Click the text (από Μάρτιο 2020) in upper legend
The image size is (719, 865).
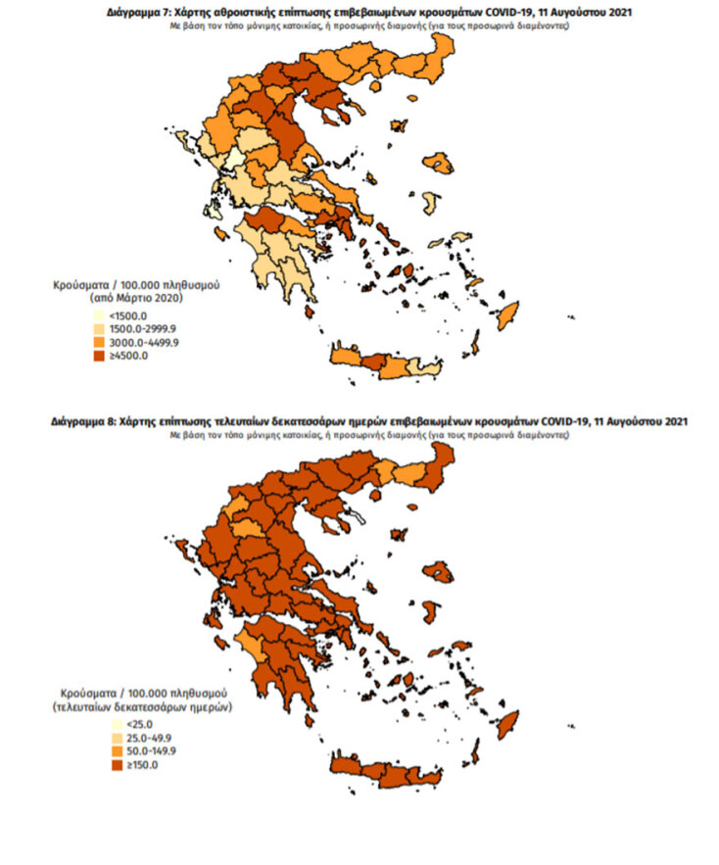click(x=134, y=295)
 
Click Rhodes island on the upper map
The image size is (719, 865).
click(x=506, y=317)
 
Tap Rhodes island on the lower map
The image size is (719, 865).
click(x=506, y=727)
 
